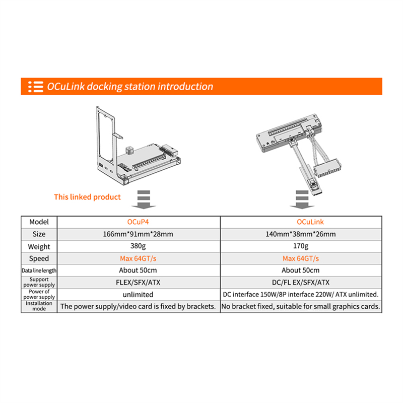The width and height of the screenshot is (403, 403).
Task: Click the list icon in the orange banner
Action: [x=35, y=87]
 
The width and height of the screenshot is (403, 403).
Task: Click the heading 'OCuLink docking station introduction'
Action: [x=130, y=87]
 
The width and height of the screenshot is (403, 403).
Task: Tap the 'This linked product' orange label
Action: [x=87, y=197]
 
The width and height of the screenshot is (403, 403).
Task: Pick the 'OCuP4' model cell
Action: [x=138, y=222]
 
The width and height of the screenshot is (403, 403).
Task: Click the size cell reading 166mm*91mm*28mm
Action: [x=138, y=234]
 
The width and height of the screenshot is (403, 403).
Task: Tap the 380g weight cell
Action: [x=138, y=246]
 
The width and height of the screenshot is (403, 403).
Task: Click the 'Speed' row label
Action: [x=39, y=258]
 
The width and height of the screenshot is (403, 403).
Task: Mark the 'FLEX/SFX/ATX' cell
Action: [x=138, y=283]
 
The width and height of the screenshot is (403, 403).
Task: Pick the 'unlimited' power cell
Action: [x=138, y=294]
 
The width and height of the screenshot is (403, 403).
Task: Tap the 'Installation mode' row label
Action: [x=39, y=306]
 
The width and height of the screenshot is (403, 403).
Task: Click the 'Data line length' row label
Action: [x=39, y=271]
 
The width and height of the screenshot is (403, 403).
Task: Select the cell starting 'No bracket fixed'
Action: [x=301, y=306]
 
